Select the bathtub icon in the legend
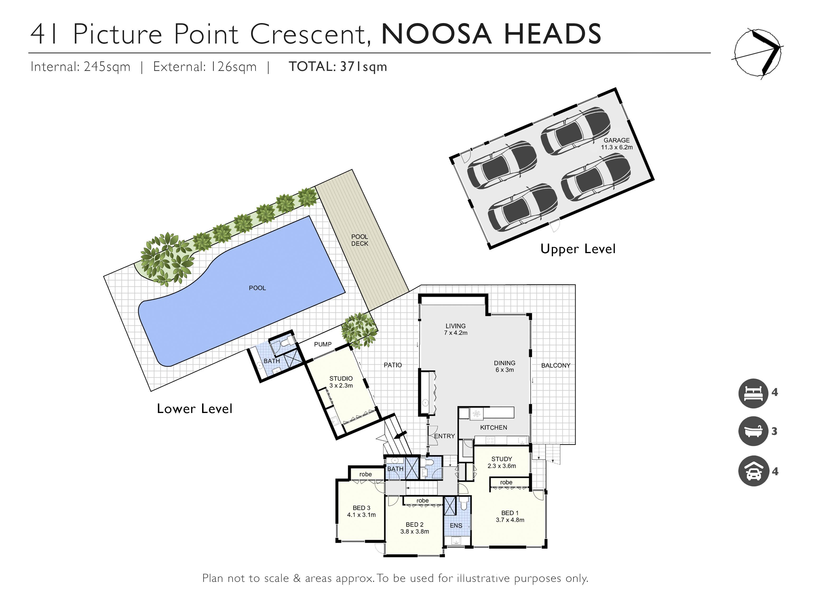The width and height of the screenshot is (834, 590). (753, 431)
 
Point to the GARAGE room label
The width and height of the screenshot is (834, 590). (616, 140)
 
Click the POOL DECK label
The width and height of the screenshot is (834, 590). (360, 240)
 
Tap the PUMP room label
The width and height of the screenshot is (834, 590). (323, 344)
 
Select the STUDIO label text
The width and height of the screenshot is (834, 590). (341, 379)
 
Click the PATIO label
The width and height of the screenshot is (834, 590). (393, 365)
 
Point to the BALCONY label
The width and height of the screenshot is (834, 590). (556, 365)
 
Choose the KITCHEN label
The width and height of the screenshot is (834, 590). (494, 428)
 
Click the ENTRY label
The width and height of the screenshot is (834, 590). (444, 436)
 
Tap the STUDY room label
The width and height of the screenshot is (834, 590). (502, 459)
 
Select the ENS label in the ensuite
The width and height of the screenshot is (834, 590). (456, 526)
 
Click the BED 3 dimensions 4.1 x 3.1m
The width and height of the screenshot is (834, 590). (361, 515)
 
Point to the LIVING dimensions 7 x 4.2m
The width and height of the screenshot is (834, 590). (456, 333)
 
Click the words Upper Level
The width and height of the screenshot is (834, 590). (578, 249)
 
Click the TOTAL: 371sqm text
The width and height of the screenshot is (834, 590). (338, 67)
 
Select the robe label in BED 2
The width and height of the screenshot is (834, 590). (422, 501)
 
